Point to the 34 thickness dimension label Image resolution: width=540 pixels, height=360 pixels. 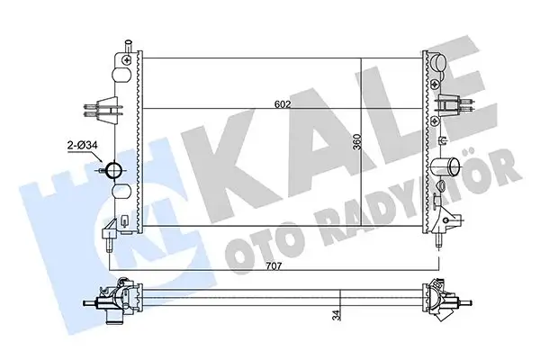tap(337, 317)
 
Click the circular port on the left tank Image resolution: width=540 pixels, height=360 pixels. tap(114, 168)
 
